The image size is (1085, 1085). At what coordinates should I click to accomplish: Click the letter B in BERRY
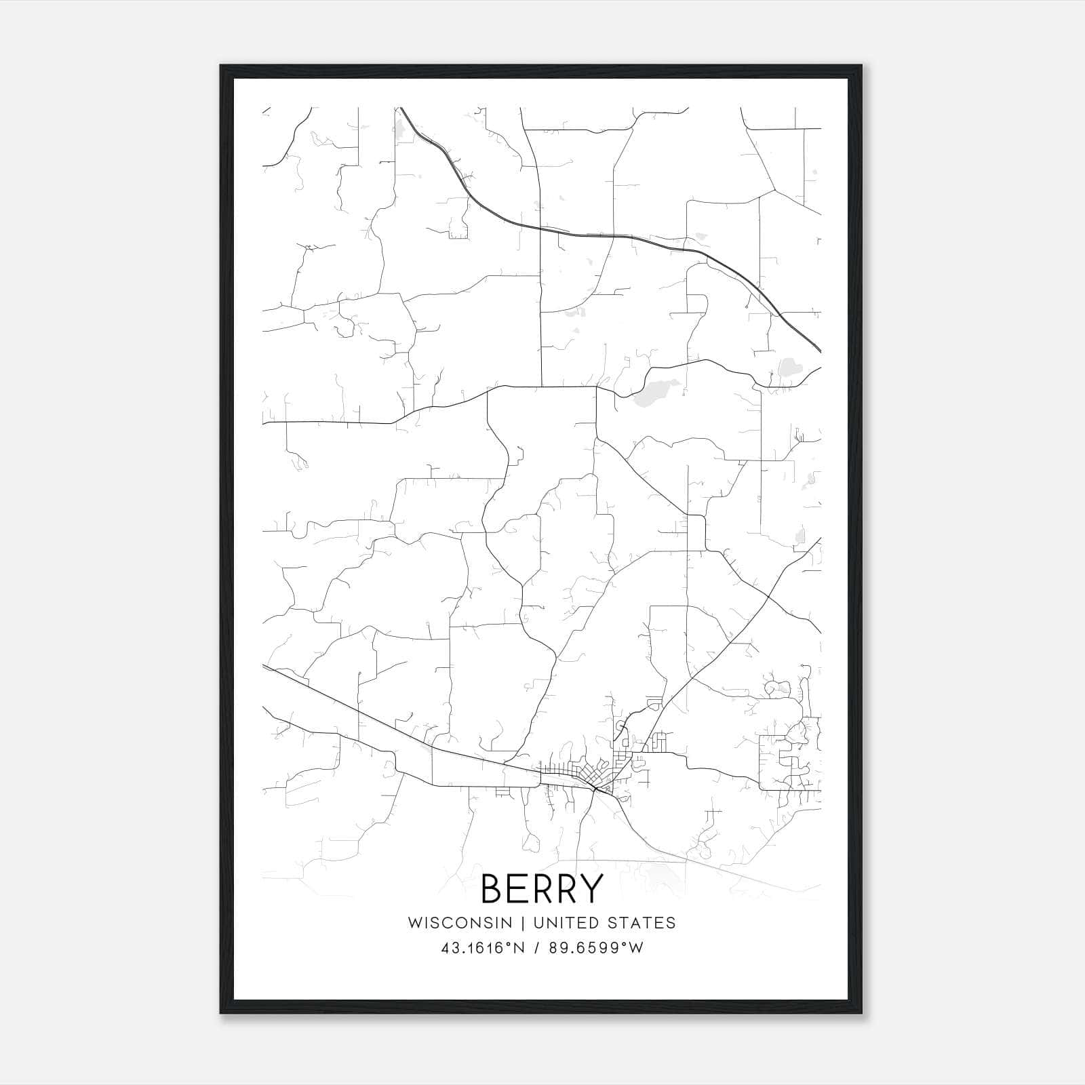(x=493, y=888)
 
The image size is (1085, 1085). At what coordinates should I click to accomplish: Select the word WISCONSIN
(x=460, y=922)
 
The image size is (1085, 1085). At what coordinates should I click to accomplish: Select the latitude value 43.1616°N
(x=483, y=948)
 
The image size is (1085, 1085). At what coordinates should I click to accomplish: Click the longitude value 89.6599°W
(x=597, y=948)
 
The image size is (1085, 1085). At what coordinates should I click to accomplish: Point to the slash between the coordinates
(x=536, y=948)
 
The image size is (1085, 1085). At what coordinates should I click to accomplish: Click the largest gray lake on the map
(x=655, y=391)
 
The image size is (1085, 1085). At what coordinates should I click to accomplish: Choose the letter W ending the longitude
(x=637, y=948)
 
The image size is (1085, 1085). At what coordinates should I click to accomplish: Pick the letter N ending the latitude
(x=519, y=948)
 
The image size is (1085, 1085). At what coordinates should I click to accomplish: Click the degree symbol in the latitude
(x=510, y=944)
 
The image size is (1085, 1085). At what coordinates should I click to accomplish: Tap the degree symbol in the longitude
(x=627, y=944)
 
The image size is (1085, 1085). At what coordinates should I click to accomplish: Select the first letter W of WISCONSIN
(x=414, y=922)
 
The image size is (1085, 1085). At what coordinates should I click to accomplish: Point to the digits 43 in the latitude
(x=448, y=948)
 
